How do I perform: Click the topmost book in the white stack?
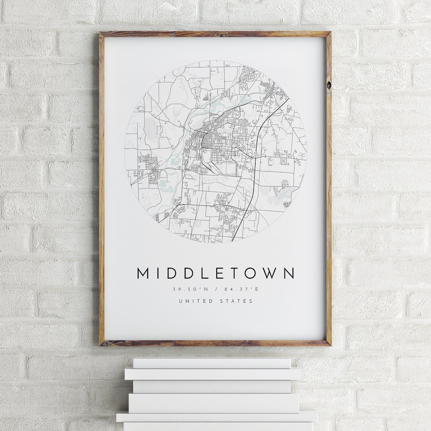click(x=212, y=363)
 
